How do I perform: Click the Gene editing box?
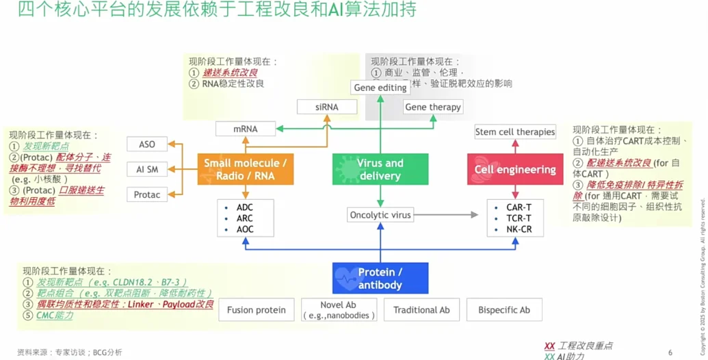click(x=380, y=88)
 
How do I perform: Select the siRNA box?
click(x=327, y=107)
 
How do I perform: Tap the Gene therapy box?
click(x=433, y=107)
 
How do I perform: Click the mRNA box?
click(x=246, y=128)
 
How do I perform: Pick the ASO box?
click(x=147, y=144)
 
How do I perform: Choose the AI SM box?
click(x=147, y=169)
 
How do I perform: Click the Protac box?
click(x=147, y=194)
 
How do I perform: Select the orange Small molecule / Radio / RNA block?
click(x=246, y=169)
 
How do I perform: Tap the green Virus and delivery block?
click(x=380, y=169)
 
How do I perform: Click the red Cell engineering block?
click(x=515, y=169)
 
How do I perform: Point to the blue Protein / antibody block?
click(x=380, y=278)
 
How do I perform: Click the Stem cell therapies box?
click(x=515, y=131)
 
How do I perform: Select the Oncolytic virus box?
click(x=380, y=215)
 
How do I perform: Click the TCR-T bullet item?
click(x=519, y=218)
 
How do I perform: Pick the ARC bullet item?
click(x=245, y=218)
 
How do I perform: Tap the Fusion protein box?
click(x=257, y=310)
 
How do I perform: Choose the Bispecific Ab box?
click(x=504, y=310)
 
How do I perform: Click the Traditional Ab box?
click(x=421, y=310)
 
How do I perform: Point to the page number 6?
click(x=670, y=352)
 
